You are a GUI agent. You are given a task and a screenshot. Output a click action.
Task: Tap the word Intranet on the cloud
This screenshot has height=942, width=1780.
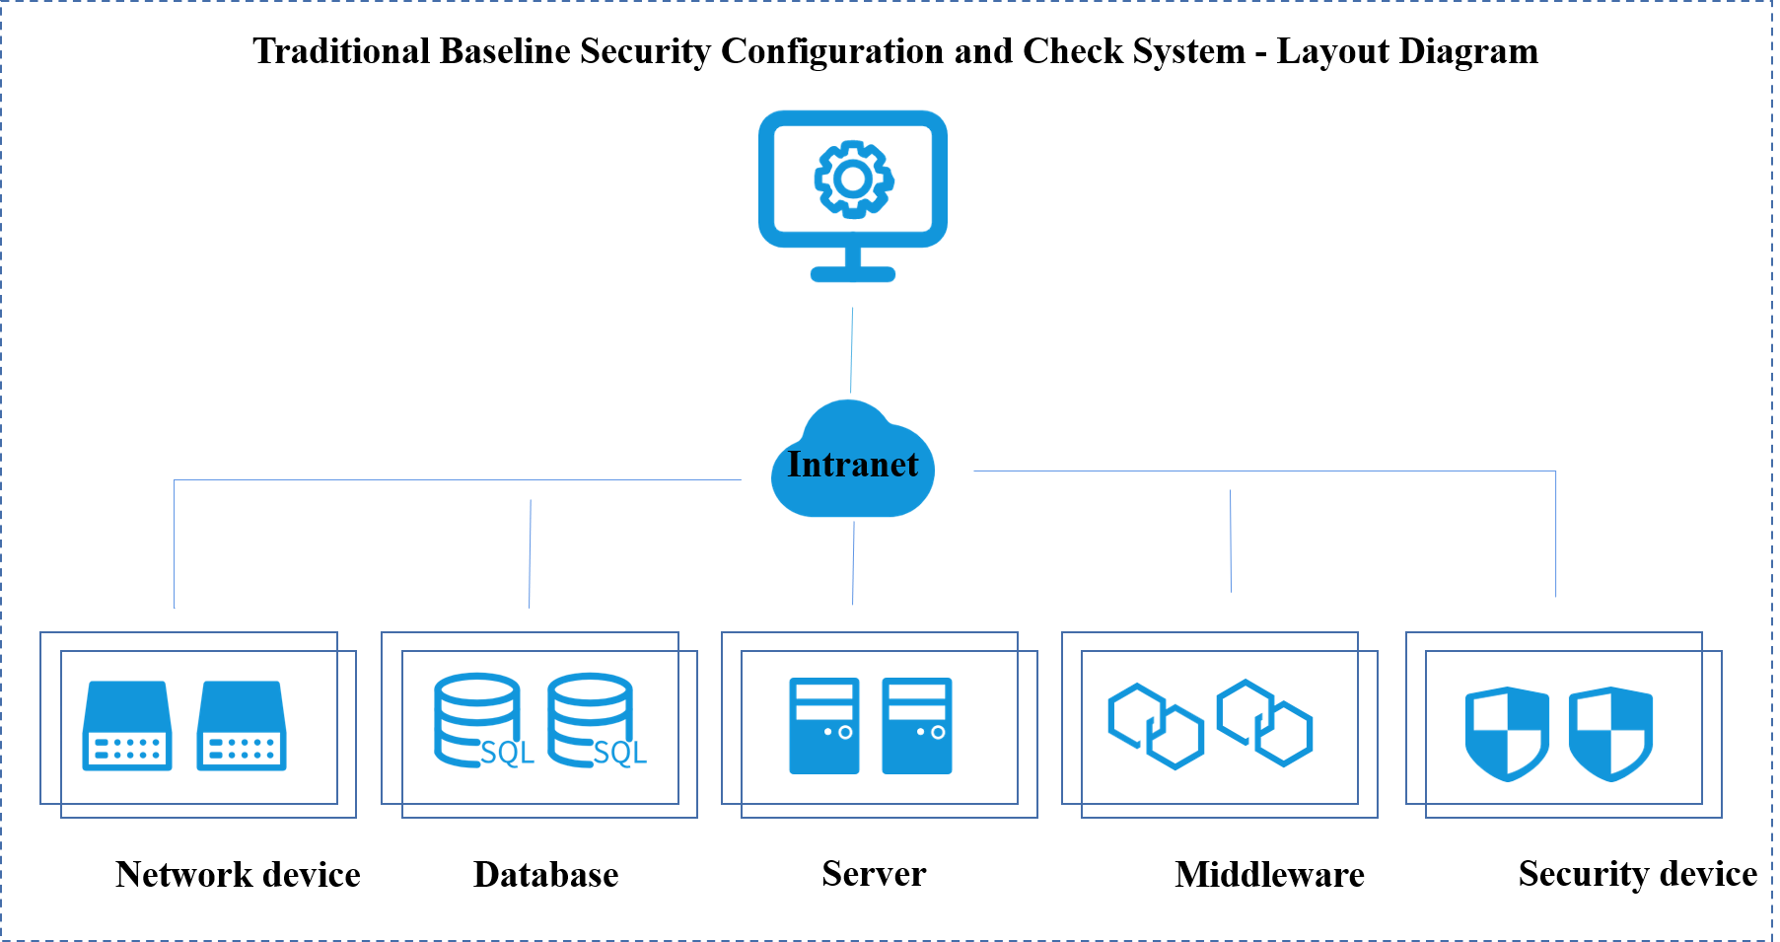pos(852,465)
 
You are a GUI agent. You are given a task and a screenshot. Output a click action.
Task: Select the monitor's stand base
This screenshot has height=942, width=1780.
pos(853,274)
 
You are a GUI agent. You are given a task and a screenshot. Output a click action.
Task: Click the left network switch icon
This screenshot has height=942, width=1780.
pos(127,726)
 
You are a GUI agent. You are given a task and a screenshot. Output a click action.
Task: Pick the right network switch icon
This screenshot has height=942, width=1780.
pos(242,726)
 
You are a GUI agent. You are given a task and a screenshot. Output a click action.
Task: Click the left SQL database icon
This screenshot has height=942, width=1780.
pos(478,720)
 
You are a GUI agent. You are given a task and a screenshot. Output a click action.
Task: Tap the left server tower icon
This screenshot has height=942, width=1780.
pos(824,726)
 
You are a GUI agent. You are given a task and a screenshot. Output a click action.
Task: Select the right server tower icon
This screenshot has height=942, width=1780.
pos(917,726)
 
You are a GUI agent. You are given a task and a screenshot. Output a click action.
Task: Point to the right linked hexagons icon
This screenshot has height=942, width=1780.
pos(1264,723)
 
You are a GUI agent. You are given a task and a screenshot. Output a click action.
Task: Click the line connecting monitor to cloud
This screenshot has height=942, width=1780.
pos(852,350)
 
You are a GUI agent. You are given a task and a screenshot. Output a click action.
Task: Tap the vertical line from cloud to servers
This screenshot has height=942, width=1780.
pos(853,562)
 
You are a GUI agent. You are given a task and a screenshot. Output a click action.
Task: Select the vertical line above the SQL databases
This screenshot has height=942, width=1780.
pos(530,552)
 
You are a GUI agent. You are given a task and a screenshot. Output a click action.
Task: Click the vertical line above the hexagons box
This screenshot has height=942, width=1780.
pos(1231,541)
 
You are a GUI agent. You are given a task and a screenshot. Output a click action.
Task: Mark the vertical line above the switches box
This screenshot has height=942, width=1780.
pos(175,543)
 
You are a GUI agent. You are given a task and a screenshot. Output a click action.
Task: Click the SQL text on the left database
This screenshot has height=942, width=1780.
pos(507,754)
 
